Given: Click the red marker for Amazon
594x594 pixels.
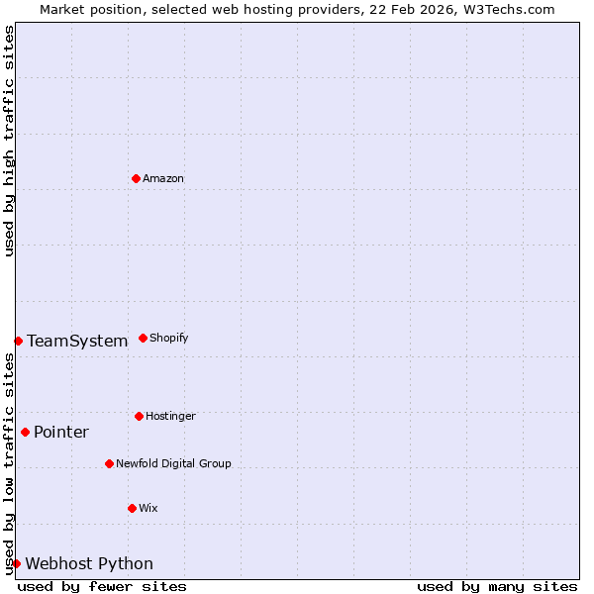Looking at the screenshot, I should click(136, 178).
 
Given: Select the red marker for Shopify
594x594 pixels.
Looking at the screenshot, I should click(143, 338).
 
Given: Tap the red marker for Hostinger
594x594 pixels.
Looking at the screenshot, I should click(139, 416).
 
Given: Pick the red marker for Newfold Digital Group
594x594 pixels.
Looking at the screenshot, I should click(109, 463).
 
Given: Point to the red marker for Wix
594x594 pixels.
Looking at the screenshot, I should click(132, 508).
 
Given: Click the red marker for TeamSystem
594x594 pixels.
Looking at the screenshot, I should click(18, 341).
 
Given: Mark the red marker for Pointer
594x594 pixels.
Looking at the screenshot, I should click(25, 432).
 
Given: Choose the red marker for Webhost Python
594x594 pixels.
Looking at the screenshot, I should click(16, 563).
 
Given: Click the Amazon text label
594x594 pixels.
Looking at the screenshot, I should click(163, 179).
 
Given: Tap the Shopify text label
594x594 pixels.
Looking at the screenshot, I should click(169, 339).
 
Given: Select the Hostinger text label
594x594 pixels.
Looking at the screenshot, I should click(170, 417).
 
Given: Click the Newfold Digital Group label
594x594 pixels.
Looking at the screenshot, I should click(173, 464).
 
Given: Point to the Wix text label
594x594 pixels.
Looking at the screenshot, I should click(148, 509).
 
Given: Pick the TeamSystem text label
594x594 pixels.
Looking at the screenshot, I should click(77, 342).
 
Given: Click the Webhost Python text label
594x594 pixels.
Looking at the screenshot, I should click(89, 564).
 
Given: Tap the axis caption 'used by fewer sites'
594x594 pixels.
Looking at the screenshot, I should click(102, 586).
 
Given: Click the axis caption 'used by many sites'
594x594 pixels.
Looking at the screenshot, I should click(497, 586).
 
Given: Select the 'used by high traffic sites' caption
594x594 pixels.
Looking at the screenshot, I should click(9, 141).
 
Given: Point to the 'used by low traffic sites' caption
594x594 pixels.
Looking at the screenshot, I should click(9, 463).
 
